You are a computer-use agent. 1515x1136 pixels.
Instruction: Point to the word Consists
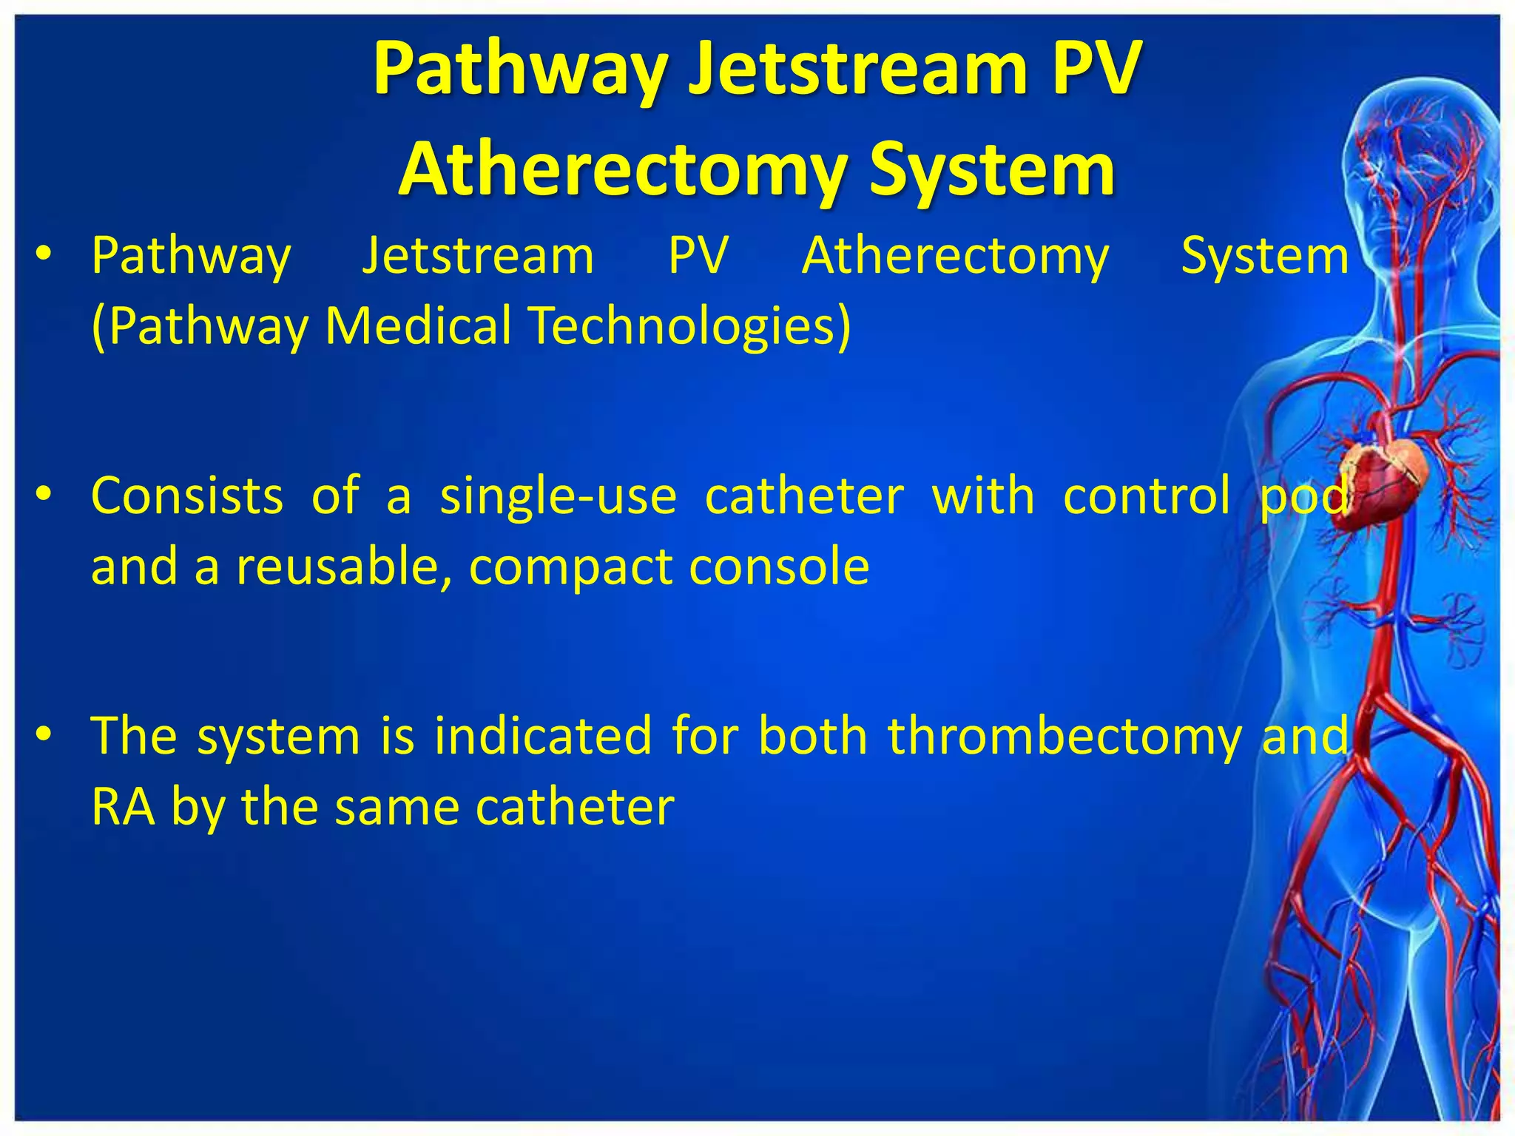[x=187, y=496]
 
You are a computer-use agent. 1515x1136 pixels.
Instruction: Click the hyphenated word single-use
[x=559, y=496]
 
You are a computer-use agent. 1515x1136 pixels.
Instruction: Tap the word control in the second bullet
[x=1147, y=496]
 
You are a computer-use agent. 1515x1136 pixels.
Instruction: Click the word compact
[x=570, y=567]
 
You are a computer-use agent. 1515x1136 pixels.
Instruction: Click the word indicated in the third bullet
[x=543, y=736]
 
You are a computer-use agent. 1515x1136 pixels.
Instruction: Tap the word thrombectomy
[x=1064, y=736]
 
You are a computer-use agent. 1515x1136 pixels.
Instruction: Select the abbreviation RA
[x=123, y=806]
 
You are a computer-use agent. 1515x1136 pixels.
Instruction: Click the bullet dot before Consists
[x=44, y=494]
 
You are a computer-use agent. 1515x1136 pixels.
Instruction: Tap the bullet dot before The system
[x=44, y=734]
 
